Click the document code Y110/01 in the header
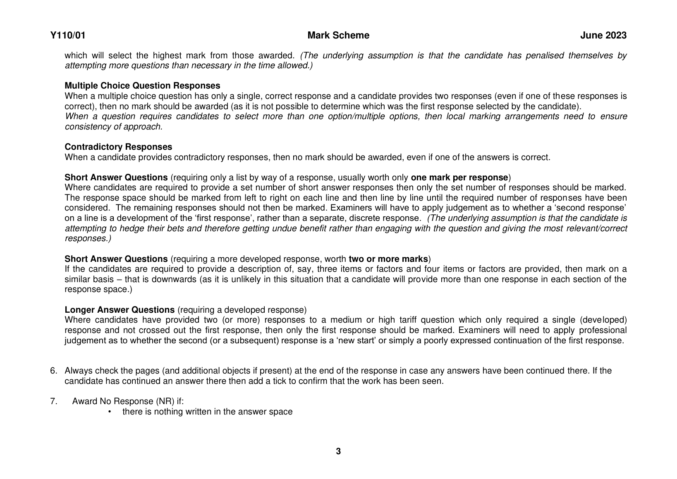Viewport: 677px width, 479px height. click(68, 36)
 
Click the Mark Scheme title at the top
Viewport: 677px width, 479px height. click(338, 36)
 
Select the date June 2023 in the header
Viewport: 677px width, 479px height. click(603, 36)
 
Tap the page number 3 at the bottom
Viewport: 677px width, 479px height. click(338, 451)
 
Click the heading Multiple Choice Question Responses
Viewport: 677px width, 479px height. click(142, 86)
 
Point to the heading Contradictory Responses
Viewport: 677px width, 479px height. click(118, 147)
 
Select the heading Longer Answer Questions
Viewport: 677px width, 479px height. click(120, 310)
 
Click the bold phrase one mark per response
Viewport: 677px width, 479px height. click(459, 177)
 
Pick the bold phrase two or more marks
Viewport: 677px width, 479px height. click(388, 259)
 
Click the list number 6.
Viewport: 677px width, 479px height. click(53, 371)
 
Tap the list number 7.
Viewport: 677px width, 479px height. click(53, 401)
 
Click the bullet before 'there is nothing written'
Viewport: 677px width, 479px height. click(110, 412)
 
